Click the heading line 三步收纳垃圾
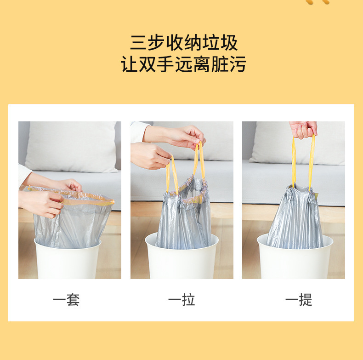[183, 43]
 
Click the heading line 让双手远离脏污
[183, 64]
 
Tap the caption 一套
[66, 300]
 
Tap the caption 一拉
[181, 300]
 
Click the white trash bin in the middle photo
[181, 262]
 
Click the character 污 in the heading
[237, 64]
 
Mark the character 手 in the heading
[165, 64]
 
